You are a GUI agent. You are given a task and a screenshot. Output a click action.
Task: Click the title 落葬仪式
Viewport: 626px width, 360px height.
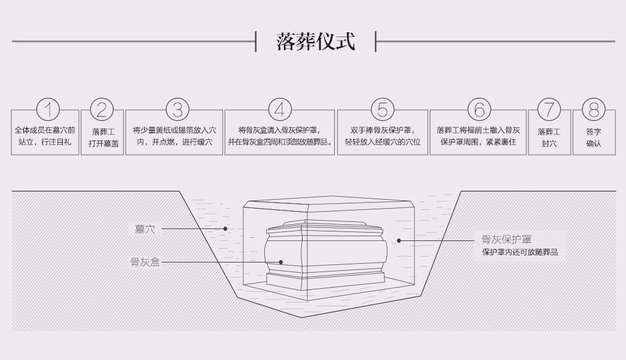point(316,42)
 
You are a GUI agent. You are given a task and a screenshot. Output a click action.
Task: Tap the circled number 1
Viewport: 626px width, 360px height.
point(48,110)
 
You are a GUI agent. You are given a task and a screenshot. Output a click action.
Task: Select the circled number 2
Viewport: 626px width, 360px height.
point(102,110)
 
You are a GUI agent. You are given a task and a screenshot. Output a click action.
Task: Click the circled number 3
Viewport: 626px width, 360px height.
point(177,110)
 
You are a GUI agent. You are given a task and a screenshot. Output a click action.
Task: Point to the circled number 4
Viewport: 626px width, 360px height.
point(280,110)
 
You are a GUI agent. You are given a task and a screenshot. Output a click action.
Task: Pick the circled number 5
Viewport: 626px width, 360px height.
point(383,110)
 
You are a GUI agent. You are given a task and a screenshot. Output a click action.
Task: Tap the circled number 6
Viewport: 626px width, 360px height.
point(478,110)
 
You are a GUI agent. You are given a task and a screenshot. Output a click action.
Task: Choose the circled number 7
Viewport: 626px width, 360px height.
point(549,110)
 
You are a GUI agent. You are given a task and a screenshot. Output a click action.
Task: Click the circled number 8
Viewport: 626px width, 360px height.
point(594,110)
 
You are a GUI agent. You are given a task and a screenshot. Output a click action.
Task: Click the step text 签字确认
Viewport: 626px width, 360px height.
point(594,138)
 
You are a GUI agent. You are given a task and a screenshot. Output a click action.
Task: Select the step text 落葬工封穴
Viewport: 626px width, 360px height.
point(549,138)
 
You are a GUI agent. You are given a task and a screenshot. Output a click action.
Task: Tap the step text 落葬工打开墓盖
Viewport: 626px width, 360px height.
point(102,138)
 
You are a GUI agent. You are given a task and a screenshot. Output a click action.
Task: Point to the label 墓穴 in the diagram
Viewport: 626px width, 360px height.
point(145,228)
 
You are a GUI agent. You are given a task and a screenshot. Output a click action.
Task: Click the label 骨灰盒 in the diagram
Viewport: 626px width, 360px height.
point(145,262)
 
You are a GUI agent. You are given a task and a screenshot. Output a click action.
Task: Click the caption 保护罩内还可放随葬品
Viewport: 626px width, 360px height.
point(520,252)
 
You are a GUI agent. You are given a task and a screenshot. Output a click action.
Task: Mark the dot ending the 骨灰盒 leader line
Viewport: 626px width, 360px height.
point(281,262)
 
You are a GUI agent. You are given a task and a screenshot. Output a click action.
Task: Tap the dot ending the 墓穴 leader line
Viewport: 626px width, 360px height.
point(225,228)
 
